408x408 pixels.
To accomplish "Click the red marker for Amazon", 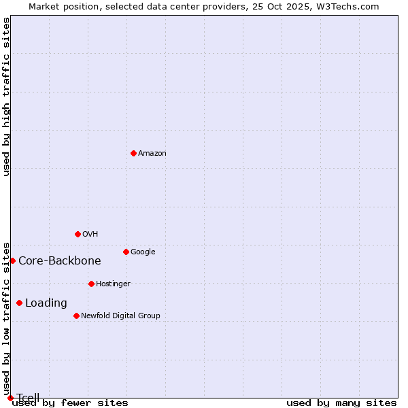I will pyautogui.click(x=133, y=153).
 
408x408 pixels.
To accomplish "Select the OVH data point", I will pyautogui.click(x=78, y=234).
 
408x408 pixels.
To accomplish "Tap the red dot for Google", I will pyautogui.click(x=126, y=252).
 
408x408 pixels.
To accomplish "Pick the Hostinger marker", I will pyautogui.click(x=91, y=284).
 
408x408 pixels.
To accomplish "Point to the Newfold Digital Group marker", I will pyautogui.click(x=76, y=316).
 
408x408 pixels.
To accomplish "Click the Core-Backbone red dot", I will pyautogui.click(x=12, y=260).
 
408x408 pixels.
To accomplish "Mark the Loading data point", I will pyautogui.click(x=19, y=303).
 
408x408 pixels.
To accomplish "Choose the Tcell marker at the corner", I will pyautogui.click(x=10, y=398).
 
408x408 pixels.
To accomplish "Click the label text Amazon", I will pyautogui.click(x=152, y=154).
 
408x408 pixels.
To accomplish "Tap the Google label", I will pyautogui.click(x=143, y=252).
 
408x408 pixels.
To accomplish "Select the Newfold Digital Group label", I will pyautogui.click(x=120, y=316).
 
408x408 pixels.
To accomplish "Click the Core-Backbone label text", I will pyautogui.click(x=60, y=261).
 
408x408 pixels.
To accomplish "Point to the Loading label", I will pyautogui.click(x=46, y=303).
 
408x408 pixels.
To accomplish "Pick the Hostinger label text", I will pyautogui.click(x=113, y=284).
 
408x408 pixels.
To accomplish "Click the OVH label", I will pyautogui.click(x=90, y=235).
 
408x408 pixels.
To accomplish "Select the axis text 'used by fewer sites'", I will pyautogui.click(x=70, y=403).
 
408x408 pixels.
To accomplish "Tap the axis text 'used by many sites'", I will pyautogui.click(x=341, y=403).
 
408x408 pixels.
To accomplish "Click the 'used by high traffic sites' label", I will pyautogui.click(x=7, y=97).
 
